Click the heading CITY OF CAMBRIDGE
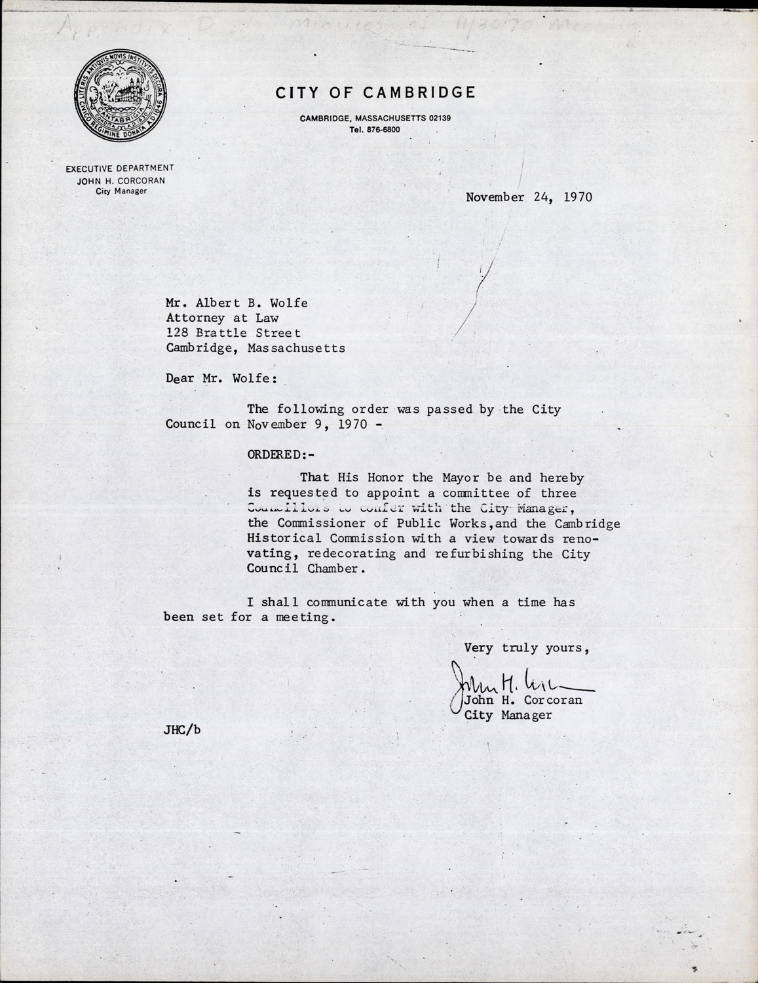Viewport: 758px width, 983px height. point(375,93)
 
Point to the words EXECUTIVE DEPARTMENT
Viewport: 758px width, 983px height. point(119,169)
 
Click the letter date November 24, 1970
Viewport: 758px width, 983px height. point(529,197)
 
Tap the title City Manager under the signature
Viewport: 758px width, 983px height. point(508,715)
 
